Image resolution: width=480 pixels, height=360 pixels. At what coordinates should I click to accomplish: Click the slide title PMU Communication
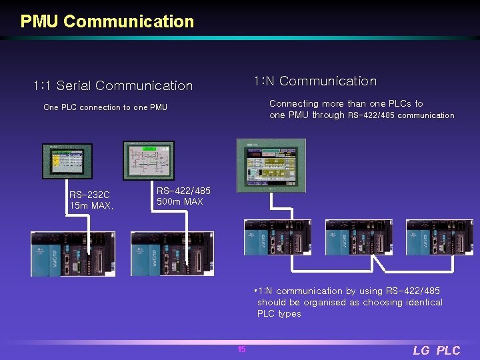coord(107,21)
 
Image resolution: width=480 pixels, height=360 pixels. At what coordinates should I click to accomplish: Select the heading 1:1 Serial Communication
coord(113,85)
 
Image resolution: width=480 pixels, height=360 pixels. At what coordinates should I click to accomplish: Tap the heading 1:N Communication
coord(315,81)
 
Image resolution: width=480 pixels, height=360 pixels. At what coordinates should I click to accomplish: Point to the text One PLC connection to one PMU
coord(105,107)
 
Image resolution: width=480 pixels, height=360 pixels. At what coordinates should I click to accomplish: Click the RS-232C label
coord(89,195)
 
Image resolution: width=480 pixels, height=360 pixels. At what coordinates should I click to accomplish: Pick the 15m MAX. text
coord(91,206)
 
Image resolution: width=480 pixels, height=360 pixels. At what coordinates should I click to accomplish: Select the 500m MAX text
coord(179,201)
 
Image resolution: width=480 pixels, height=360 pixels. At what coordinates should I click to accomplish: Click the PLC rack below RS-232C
coord(73,253)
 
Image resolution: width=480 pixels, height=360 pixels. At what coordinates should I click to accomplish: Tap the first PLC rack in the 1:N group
coord(277,237)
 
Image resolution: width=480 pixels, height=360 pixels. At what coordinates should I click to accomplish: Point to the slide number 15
coord(241,349)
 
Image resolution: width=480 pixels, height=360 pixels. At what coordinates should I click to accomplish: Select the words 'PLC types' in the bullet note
coord(279,314)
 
